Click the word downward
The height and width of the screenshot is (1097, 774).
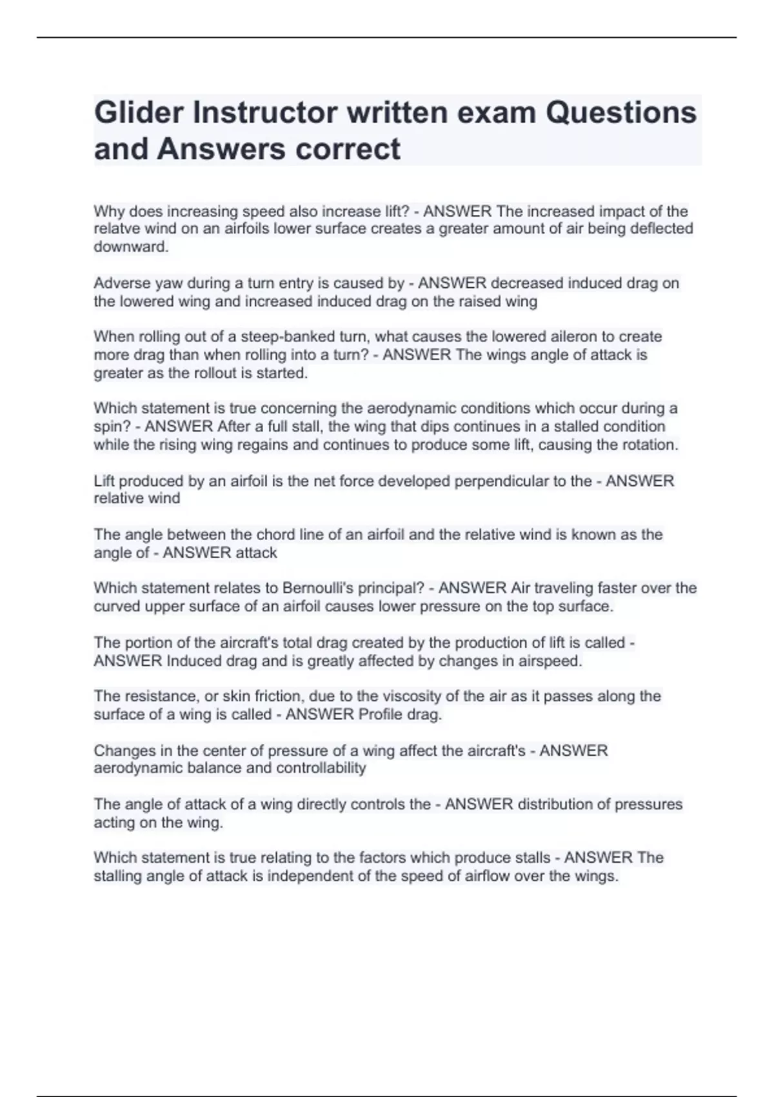[131, 247]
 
